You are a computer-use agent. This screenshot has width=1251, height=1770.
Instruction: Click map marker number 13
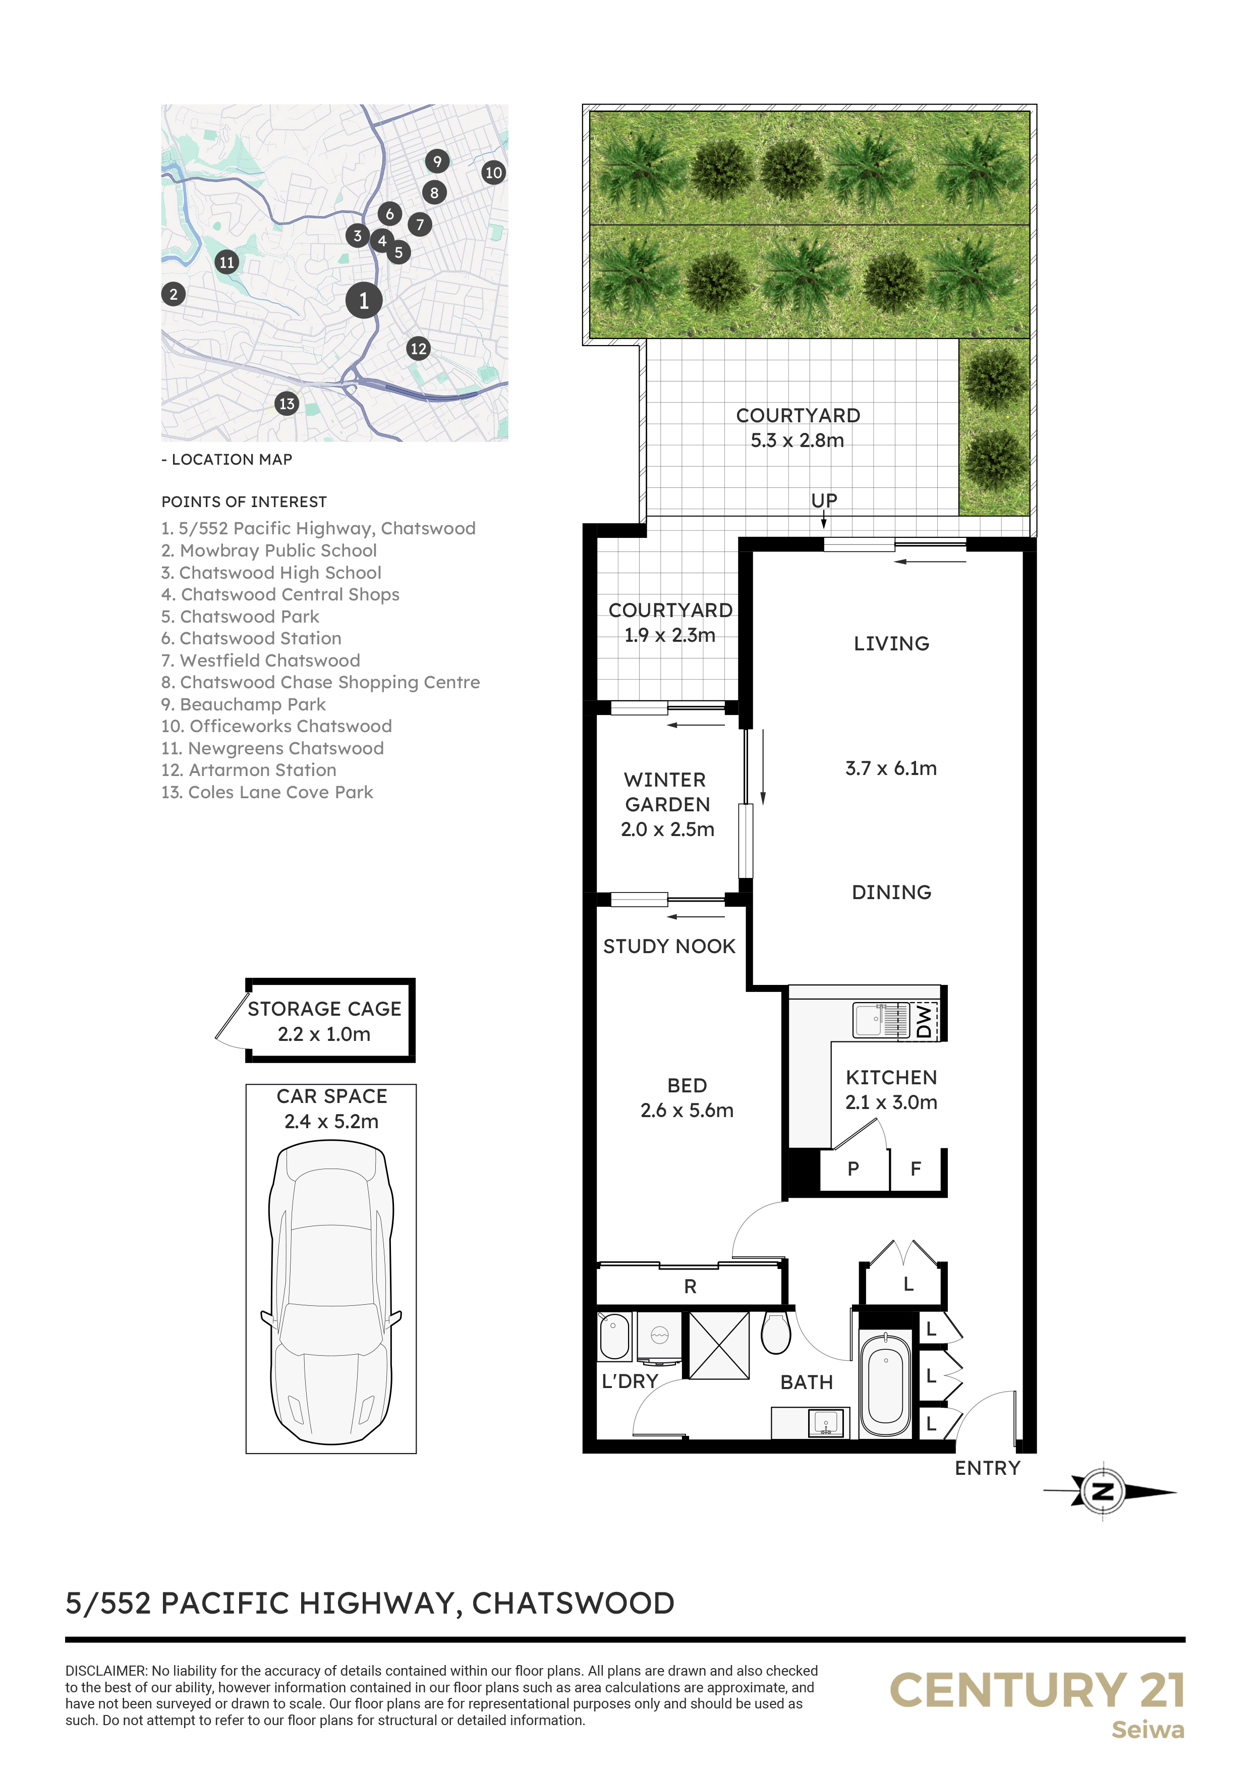click(x=287, y=403)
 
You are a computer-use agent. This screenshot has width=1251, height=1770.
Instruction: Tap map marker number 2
click(x=174, y=294)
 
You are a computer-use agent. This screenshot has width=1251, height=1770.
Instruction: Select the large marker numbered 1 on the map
click(x=364, y=301)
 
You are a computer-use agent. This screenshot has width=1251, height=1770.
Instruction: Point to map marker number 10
click(x=493, y=173)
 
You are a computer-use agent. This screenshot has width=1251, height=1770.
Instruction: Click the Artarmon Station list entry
click(x=249, y=770)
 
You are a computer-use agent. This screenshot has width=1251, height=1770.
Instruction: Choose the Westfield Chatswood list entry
click(x=260, y=660)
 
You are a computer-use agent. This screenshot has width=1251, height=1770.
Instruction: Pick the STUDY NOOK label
click(x=669, y=946)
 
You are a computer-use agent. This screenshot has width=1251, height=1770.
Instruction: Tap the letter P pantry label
click(x=854, y=1169)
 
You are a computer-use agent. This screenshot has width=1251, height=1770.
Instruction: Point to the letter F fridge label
click(x=916, y=1169)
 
